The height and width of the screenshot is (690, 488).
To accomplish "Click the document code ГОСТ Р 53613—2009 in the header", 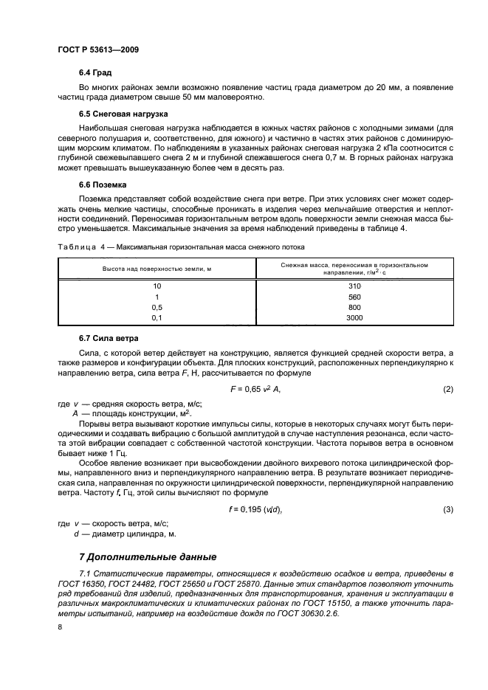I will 98,49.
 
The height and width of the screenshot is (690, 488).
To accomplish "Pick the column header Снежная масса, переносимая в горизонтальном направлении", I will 354,268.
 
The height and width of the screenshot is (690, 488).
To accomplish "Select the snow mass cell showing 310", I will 354,286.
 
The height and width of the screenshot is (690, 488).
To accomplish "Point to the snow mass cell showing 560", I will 354,296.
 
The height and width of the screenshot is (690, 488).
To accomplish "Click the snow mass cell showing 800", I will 354,306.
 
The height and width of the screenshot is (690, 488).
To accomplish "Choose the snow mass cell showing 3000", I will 354,317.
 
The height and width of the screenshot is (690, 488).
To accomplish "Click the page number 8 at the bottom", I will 59,627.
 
